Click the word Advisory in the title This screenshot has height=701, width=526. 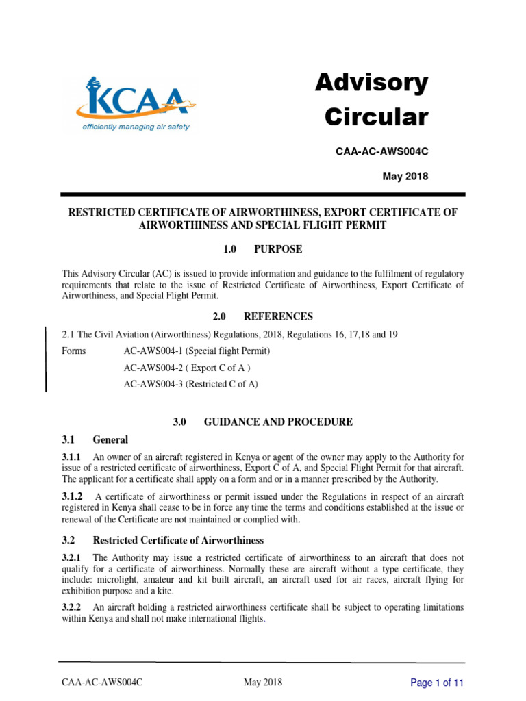click(x=371, y=84)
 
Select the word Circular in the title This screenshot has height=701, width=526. click(x=376, y=117)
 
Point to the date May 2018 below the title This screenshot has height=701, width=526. click(x=405, y=177)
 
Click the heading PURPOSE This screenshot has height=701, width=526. click(x=277, y=249)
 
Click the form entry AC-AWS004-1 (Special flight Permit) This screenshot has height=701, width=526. click(x=197, y=351)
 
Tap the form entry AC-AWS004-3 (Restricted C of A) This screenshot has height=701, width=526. click(x=190, y=384)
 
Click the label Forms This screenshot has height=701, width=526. click(x=74, y=351)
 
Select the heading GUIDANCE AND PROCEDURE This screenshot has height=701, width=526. click(x=279, y=422)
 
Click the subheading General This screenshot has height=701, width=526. click(x=110, y=439)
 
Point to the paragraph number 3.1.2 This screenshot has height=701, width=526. click(x=72, y=496)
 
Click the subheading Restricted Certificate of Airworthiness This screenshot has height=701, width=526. click(x=178, y=541)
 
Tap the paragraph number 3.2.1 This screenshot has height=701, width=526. click(x=72, y=558)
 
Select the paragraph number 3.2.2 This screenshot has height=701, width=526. click(x=72, y=607)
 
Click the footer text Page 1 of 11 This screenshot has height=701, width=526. click(x=437, y=683)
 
